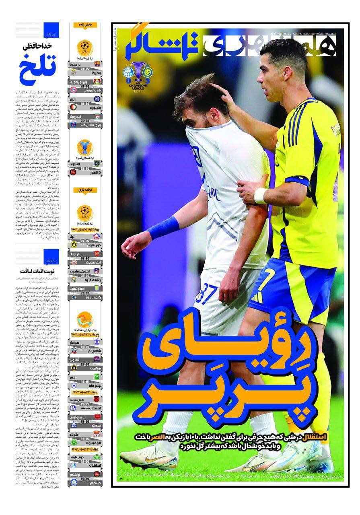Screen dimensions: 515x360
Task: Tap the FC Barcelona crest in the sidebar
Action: [97, 64]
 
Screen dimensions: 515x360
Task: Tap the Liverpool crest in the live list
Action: [97, 117]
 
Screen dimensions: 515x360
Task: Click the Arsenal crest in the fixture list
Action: [97, 254]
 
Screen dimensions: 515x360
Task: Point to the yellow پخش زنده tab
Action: [85, 25]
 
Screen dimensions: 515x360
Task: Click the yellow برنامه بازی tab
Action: [85, 189]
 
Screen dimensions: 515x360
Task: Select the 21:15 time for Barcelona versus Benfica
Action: [85, 69]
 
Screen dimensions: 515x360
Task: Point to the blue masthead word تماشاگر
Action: [161, 45]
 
